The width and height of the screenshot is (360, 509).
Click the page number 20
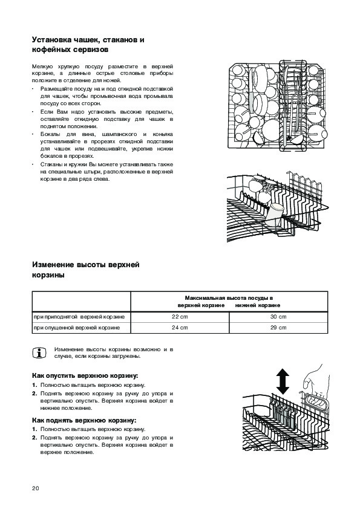point(36,488)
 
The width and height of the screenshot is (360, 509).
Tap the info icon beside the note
point(39,353)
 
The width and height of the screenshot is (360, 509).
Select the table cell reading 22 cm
point(180,317)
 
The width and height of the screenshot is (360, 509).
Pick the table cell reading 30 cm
point(278,317)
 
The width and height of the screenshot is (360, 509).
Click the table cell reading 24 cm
point(180,328)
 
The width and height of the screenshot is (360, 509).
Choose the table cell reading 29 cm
point(278,328)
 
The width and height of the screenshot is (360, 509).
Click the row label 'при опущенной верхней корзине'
point(77,328)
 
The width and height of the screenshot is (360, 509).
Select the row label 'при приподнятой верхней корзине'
point(79,317)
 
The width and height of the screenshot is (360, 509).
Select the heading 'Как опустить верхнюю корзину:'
point(85,376)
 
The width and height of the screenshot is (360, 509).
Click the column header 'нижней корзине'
point(258,305)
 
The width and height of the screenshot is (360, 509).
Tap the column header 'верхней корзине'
point(201,305)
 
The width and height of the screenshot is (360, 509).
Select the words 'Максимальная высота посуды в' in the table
point(229,298)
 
